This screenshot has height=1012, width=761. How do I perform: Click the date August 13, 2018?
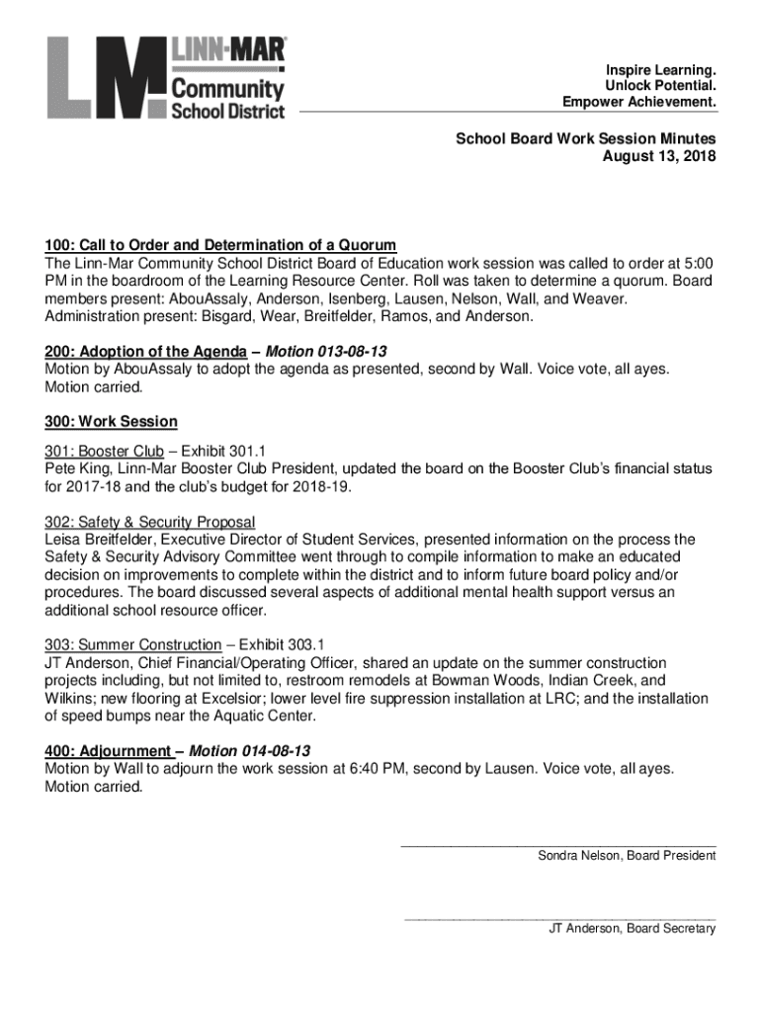[x=659, y=157]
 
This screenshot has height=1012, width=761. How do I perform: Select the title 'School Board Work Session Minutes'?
[x=585, y=139]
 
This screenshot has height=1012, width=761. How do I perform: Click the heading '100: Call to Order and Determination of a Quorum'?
[x=220, y=245]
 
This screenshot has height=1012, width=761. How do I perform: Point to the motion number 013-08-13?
[x=353, y=352]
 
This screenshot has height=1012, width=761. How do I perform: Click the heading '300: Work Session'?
[x=111, y=422]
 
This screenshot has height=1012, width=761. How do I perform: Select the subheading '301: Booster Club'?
[x=104, y=452]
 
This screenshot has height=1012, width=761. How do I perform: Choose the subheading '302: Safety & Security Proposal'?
[x=149, y=522]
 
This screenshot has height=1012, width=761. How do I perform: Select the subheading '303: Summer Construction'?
[x=132, y=645]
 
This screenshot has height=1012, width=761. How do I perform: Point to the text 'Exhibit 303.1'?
[x=282, y=645]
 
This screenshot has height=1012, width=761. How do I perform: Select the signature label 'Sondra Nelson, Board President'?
[x=627, y=856]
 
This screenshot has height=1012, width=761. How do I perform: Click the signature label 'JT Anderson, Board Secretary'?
[x=633, y=929]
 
